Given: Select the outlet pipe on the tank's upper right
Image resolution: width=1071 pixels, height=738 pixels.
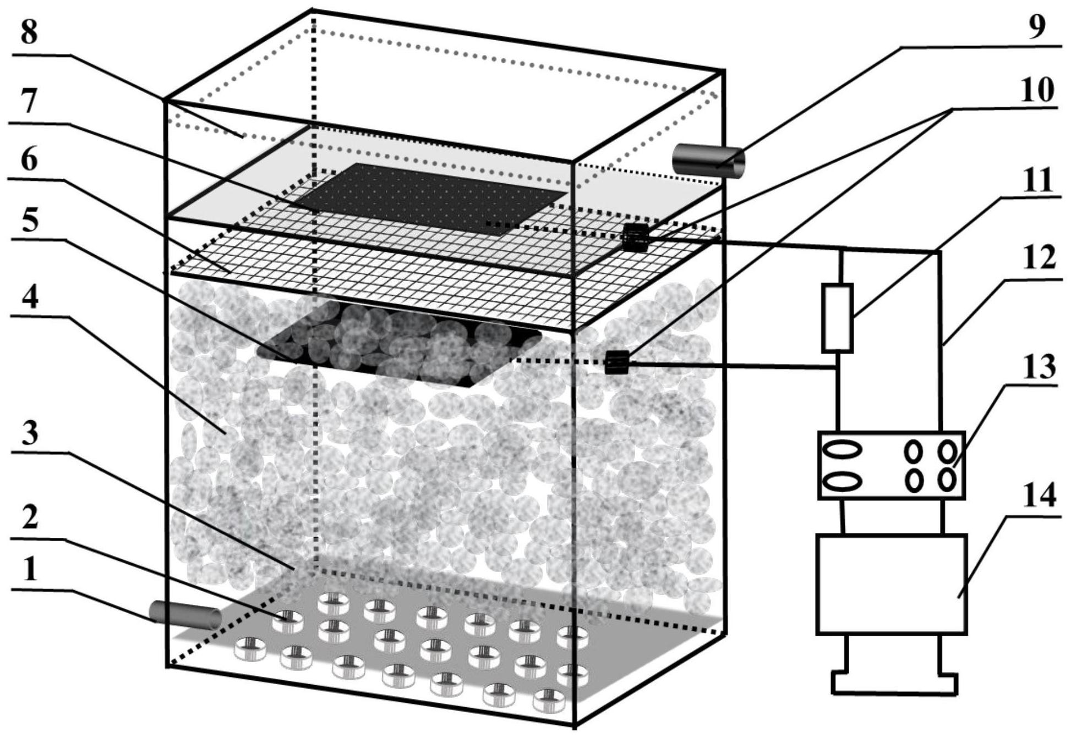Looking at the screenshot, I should (x=709, y=160).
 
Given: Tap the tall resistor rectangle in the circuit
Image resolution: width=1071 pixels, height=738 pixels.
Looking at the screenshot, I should (x=837, y=318).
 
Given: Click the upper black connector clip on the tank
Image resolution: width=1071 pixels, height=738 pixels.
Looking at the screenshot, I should (x=636, y=238).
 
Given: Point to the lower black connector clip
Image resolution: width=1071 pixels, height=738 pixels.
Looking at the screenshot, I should (x=616, y=362).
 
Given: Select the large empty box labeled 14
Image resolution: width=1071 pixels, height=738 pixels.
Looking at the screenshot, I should (x=892, y=583).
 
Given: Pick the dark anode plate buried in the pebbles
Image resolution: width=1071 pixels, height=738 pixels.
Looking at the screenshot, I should (x=399, y=344).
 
